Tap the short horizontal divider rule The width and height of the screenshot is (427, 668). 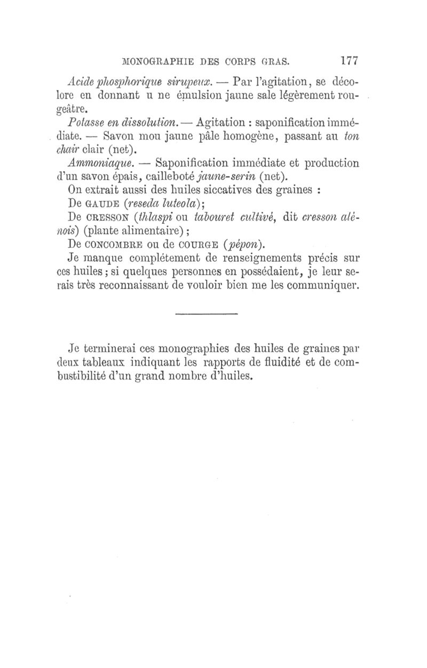[207, 313]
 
